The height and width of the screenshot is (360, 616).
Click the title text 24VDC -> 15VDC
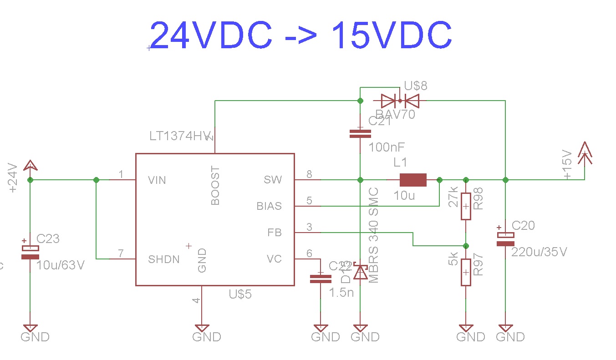300,35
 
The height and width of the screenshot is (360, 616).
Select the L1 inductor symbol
413,180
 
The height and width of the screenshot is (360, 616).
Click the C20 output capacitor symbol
505,239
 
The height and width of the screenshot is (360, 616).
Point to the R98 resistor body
465,206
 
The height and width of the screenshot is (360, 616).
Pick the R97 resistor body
465,272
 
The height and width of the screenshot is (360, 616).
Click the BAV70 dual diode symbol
400,100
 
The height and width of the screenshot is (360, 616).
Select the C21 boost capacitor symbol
360,134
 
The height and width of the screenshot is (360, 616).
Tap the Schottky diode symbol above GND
361,272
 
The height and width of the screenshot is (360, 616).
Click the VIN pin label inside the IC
157,180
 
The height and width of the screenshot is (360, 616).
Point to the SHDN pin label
163,259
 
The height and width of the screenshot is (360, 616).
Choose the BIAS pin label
269,206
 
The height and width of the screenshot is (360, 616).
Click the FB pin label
275,233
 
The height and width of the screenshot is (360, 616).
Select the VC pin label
274,259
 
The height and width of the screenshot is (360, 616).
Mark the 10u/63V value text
61,265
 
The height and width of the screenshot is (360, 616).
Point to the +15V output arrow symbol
584,153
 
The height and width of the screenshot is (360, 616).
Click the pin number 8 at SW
310,174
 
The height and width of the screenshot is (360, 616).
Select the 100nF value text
387,147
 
